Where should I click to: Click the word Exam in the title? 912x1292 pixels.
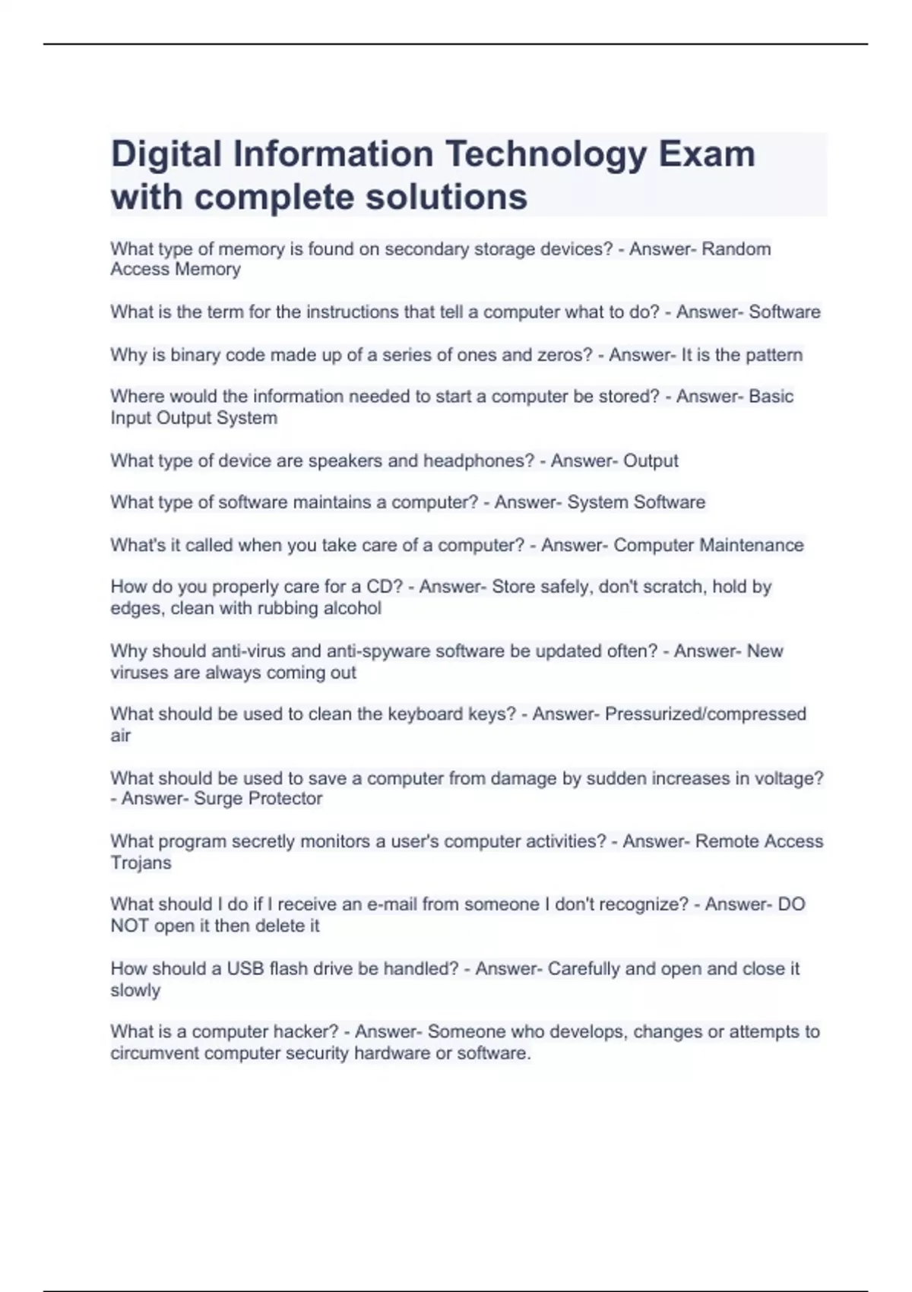(x=707, y=154)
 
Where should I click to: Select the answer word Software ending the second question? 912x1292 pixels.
(x=784, y=312)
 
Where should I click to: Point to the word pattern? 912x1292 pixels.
(x=772, y=355)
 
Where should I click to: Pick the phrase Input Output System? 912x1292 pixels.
(x=194, y=418)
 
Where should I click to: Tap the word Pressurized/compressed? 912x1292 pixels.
(x=705, y=714)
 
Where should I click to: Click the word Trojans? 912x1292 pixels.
(x=141, y=863)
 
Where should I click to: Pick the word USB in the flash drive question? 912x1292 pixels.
(x=245, y=969)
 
